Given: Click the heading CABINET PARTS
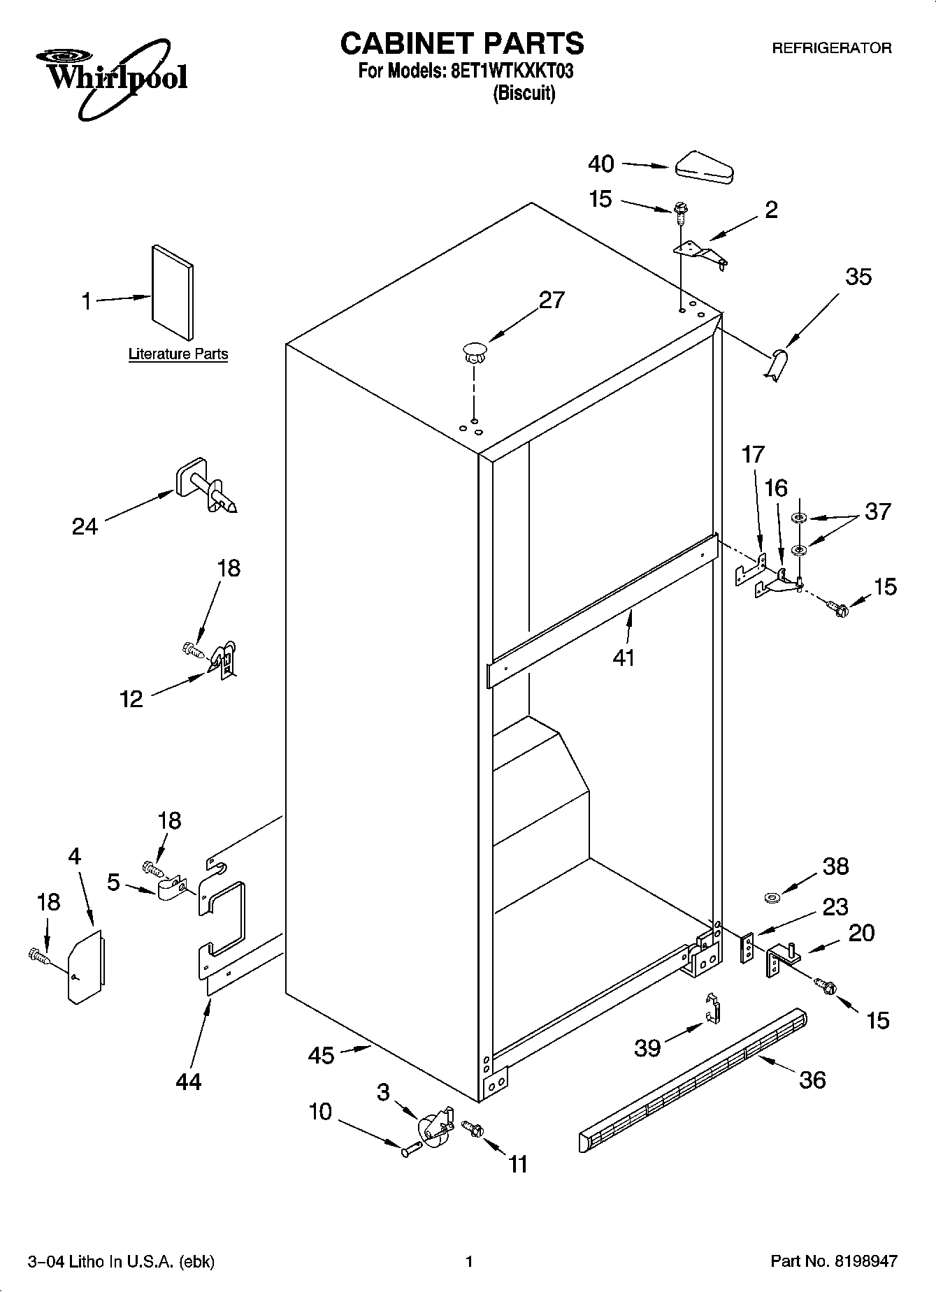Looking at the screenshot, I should pyautogui.click(x=462, y=43).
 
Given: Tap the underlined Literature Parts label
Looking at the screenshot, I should pyautogui.click(x=178, y=354).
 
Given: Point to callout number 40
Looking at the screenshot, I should pyautogui.click(x=600, y=164).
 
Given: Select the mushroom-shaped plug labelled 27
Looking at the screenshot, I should pyautogui.click(x=475, y=352).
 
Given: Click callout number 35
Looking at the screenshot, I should pyautogui.click(x=858, y=277).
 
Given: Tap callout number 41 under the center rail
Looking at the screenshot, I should pyautogui.click(x=623, y=657).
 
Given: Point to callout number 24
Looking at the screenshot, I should pyautogui.click(x=85, y=525).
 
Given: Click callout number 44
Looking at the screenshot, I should pyautogui.click(x=189, y=1082).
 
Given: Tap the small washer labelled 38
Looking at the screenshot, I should pyautogui.click(x=773, y=897).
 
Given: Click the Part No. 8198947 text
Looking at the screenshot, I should pyautogui.click(x=833, y=1261).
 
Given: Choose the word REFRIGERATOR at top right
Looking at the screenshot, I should pyautogui.click(x=831, y=48).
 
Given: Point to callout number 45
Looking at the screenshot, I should pyautogui.click(x=322, y=1055).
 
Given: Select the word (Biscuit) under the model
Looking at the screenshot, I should pyautogui.click(x=524, y=94).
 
